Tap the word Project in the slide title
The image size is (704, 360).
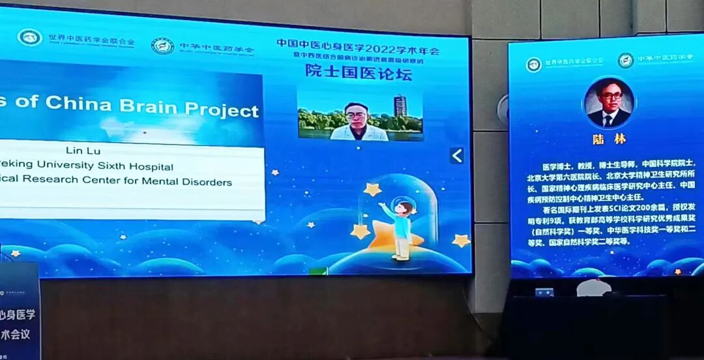pos(222,110)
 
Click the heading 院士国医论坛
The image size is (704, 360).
pos(359,73)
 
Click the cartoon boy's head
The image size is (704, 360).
pos(404,208)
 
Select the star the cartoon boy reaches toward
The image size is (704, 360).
pos(372,190)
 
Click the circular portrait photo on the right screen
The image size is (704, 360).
pos(609,103)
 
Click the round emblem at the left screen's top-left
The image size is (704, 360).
pos(29,37)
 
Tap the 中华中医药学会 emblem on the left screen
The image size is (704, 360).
pos(162,46)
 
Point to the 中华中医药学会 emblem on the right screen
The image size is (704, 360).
pos(626,60)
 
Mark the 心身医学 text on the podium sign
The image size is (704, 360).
pos(20,315)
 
